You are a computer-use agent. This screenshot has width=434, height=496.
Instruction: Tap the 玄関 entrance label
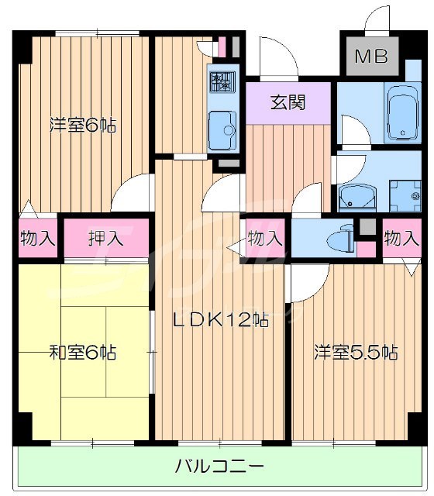(286, 102)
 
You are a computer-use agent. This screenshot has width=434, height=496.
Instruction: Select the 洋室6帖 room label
(83, 125)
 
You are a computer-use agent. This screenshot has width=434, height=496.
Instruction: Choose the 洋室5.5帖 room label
(356, 353)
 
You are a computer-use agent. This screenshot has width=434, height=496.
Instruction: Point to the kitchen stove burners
(223, 82)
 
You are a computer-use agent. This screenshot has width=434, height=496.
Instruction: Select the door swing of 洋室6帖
(133, 194)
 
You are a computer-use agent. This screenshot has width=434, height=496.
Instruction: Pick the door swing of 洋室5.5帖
(301, 283)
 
